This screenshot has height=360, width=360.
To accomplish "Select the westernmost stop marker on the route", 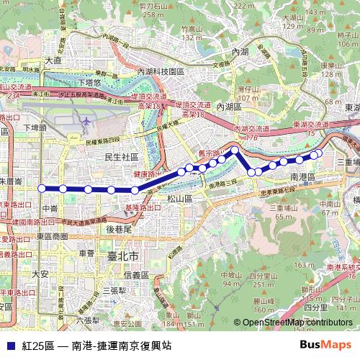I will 42,188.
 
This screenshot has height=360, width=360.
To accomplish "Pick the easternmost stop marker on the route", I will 318,153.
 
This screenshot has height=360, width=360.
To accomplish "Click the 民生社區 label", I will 122,157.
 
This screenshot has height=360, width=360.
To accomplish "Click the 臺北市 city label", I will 123,256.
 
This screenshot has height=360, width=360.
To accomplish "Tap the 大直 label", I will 53,61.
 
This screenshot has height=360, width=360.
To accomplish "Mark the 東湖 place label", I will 352,107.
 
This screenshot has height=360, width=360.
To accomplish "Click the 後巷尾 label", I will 118,229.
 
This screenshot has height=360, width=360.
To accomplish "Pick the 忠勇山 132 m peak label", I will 191,33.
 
